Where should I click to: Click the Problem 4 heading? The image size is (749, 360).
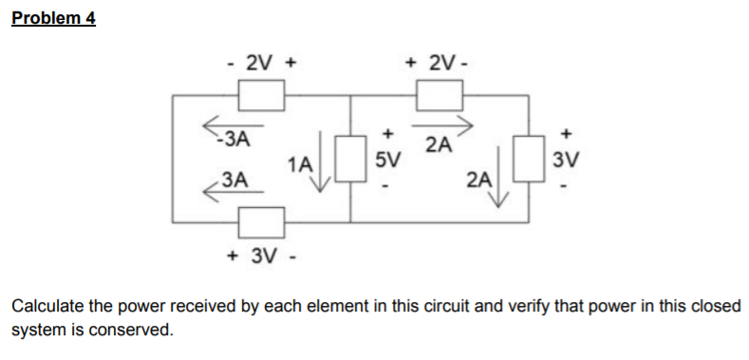tap(54, 18)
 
